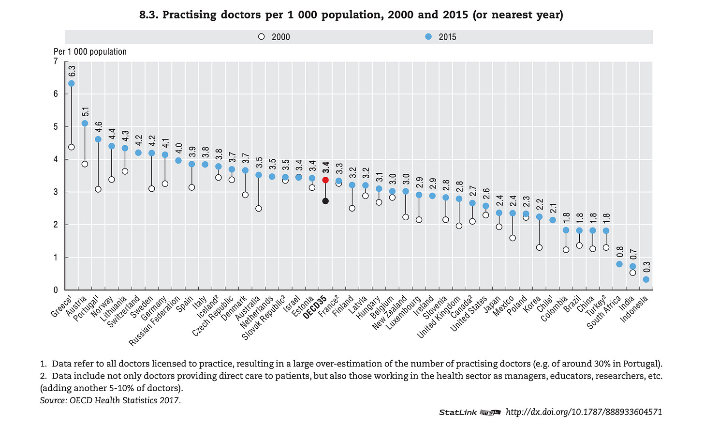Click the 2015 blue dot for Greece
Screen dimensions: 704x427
click(x=72, y=83)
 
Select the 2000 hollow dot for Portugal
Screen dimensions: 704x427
click(x=98, y=189)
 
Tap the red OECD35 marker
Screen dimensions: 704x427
click(x=325, y=180)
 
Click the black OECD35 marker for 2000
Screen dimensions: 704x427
click(x=325, y=201)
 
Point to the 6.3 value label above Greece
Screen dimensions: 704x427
click(x=72, y=71)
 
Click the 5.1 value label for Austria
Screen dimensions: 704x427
click(x=86, y=112)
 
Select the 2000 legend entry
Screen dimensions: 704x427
click(x=274, y=37)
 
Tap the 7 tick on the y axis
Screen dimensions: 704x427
click(x=56, y=61)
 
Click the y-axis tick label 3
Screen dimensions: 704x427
click(x=56, y=192)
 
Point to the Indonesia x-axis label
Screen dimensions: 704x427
click(x=633, y=309)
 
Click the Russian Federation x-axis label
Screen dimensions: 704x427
click(x=154, y=321)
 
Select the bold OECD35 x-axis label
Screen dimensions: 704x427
click(x=315, y=307)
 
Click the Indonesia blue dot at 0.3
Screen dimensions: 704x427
click(x=646, y=279)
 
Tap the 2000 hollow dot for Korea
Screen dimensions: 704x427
click(x=539, y=247)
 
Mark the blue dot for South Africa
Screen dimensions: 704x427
click(x=619, y=264)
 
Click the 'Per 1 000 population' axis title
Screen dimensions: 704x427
click(x=90, y=52)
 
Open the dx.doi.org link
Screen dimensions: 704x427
click(x=584, y=412)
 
